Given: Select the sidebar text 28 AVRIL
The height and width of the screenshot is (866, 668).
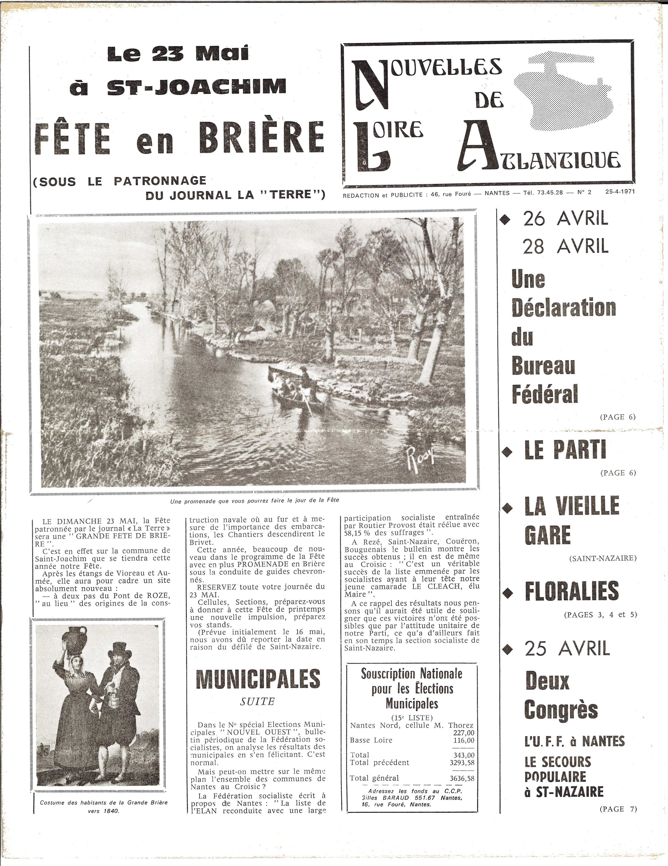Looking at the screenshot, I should (565, 247).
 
